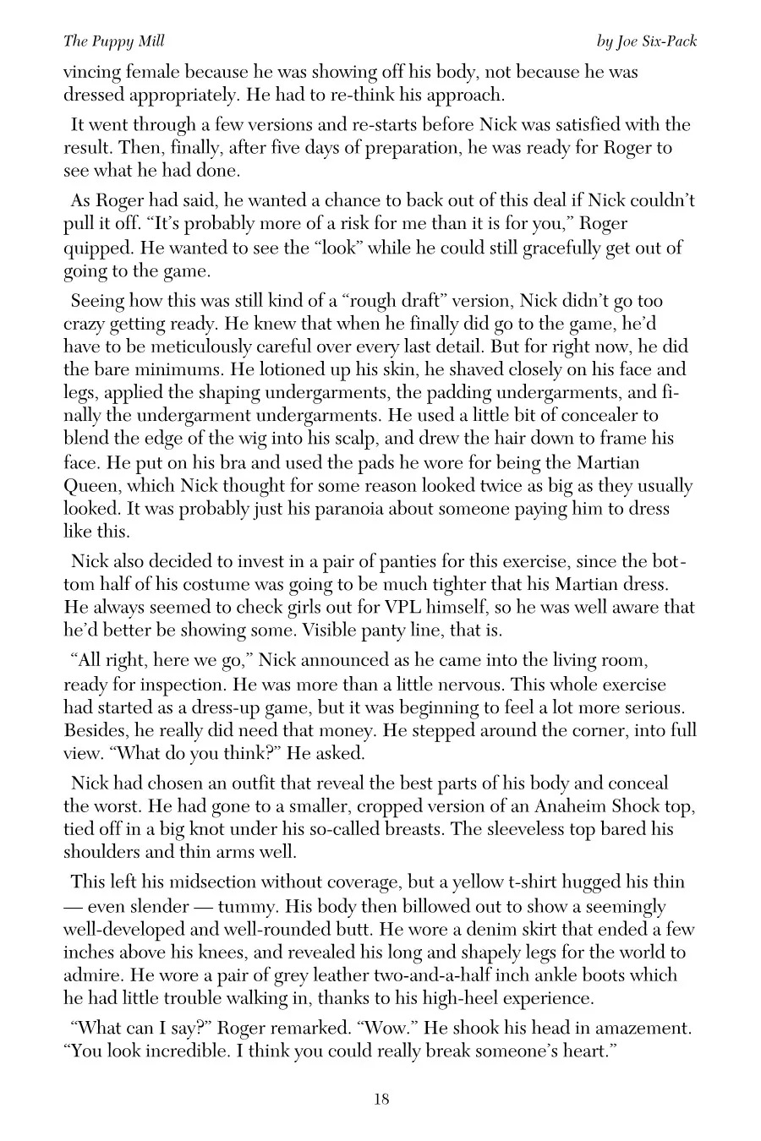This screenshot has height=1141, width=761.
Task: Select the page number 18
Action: click(380, 1099)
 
